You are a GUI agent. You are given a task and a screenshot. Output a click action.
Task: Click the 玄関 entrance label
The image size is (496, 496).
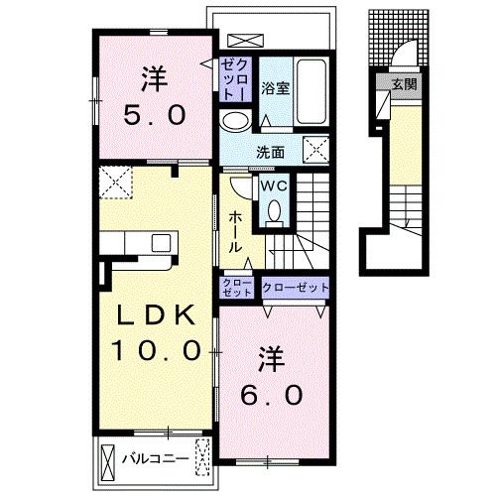click(x=404, y=84)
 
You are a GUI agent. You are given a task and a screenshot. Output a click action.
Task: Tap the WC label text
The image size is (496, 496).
click(x=274, y=186)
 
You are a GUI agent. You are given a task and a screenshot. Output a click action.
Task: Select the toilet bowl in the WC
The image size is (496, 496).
click(x=274, y=211)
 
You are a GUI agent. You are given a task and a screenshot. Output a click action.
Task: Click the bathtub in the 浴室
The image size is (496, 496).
click(x=311, y=91)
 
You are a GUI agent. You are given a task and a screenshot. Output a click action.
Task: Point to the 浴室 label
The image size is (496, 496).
click(x=276, y=88)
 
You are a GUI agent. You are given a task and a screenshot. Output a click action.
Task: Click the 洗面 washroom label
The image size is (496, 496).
click(x=271, y=152)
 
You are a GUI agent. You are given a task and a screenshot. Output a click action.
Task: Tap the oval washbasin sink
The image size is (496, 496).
click(x=235, y=121)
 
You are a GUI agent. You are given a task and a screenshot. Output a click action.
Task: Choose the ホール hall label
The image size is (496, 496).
click(x=236, y=232)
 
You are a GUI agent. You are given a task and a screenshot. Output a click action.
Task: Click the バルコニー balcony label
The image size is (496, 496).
click(x=156, y=458)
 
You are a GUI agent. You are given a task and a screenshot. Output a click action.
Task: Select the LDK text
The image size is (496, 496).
click(x=155, y=315)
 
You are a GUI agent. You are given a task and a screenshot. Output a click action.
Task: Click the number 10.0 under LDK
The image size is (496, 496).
click(x=156, y=350)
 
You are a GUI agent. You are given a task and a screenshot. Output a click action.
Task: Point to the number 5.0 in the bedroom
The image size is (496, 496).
click(x=154, y=115)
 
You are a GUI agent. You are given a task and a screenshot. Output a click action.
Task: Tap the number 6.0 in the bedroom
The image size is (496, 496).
click(x=271, y=395)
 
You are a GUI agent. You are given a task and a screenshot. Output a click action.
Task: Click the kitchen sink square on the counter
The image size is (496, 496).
click(x=161, y=243)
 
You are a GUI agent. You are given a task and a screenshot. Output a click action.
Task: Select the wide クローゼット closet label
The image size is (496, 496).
click(x=296, y=288)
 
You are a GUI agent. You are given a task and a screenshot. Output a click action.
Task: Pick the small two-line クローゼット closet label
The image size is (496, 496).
click(x=237, y=288)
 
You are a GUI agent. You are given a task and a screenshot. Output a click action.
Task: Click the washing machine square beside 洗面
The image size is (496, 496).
click(x=316, y=150)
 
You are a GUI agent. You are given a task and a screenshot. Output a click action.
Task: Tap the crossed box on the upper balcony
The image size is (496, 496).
click(x=246, y=41)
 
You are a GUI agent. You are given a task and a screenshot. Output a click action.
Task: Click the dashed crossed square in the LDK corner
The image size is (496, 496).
click(x=116, y=183)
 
